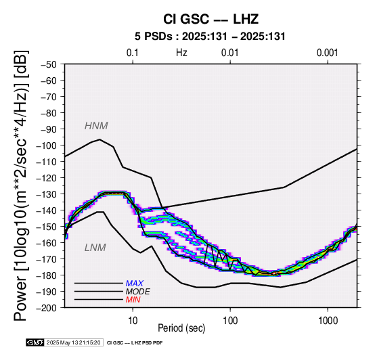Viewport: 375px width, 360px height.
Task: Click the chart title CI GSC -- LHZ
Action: (211, 19)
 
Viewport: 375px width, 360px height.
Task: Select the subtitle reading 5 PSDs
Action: (153, 37)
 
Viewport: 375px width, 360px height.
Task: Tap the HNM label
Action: (96, 126)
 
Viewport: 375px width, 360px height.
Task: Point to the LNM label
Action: (95, 248)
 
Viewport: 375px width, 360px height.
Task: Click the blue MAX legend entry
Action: (134, 284)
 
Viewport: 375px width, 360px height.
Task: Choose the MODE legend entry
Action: (138, 292)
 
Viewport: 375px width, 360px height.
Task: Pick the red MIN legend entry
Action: (133, 300)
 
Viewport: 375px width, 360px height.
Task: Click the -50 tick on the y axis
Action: (49, 64)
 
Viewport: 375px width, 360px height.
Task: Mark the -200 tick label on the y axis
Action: (47, 308)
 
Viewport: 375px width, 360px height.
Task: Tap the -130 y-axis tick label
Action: (47, 194)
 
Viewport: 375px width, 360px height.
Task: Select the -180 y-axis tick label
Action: (47, 275)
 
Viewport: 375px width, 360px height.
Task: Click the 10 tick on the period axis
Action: (133, 321)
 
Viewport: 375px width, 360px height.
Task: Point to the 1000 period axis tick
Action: (328, 321)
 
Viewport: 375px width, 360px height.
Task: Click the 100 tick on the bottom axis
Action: (230, 321)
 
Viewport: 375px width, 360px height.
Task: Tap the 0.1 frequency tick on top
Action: (133, 53)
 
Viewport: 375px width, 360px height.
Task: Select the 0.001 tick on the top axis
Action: (327, 53)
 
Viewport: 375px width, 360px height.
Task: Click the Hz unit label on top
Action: (181, 53)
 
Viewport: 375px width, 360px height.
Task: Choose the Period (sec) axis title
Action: (181, 328)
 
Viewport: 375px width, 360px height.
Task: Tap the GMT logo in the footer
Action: (35, 343)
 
